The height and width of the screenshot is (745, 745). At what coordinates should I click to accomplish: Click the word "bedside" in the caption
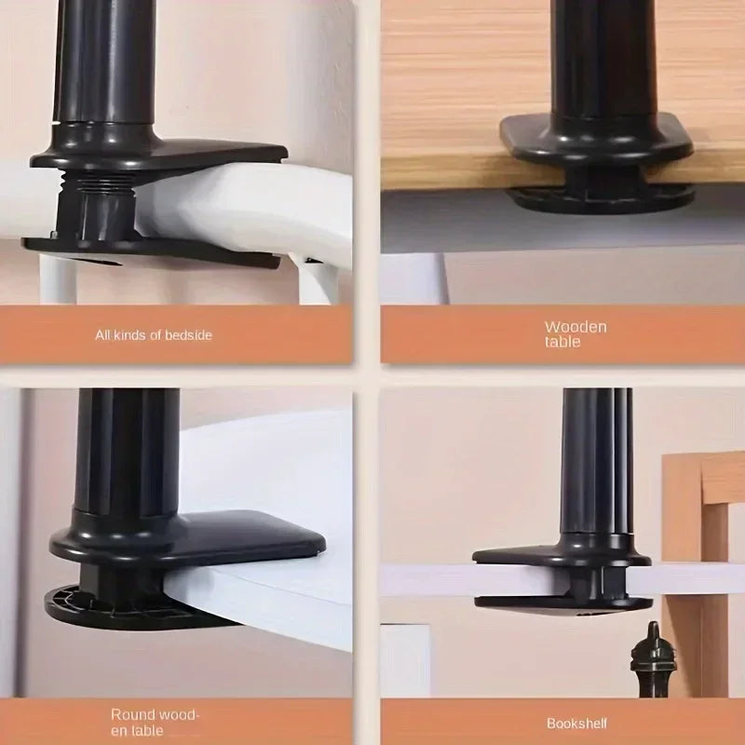pos(189,334)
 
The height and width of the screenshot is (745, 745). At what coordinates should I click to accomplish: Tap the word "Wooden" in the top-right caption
pos(576,327)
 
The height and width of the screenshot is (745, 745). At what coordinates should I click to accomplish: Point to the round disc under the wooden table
pos(601,196)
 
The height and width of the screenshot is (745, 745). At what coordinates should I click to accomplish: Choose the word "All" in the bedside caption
pos(103,334)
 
